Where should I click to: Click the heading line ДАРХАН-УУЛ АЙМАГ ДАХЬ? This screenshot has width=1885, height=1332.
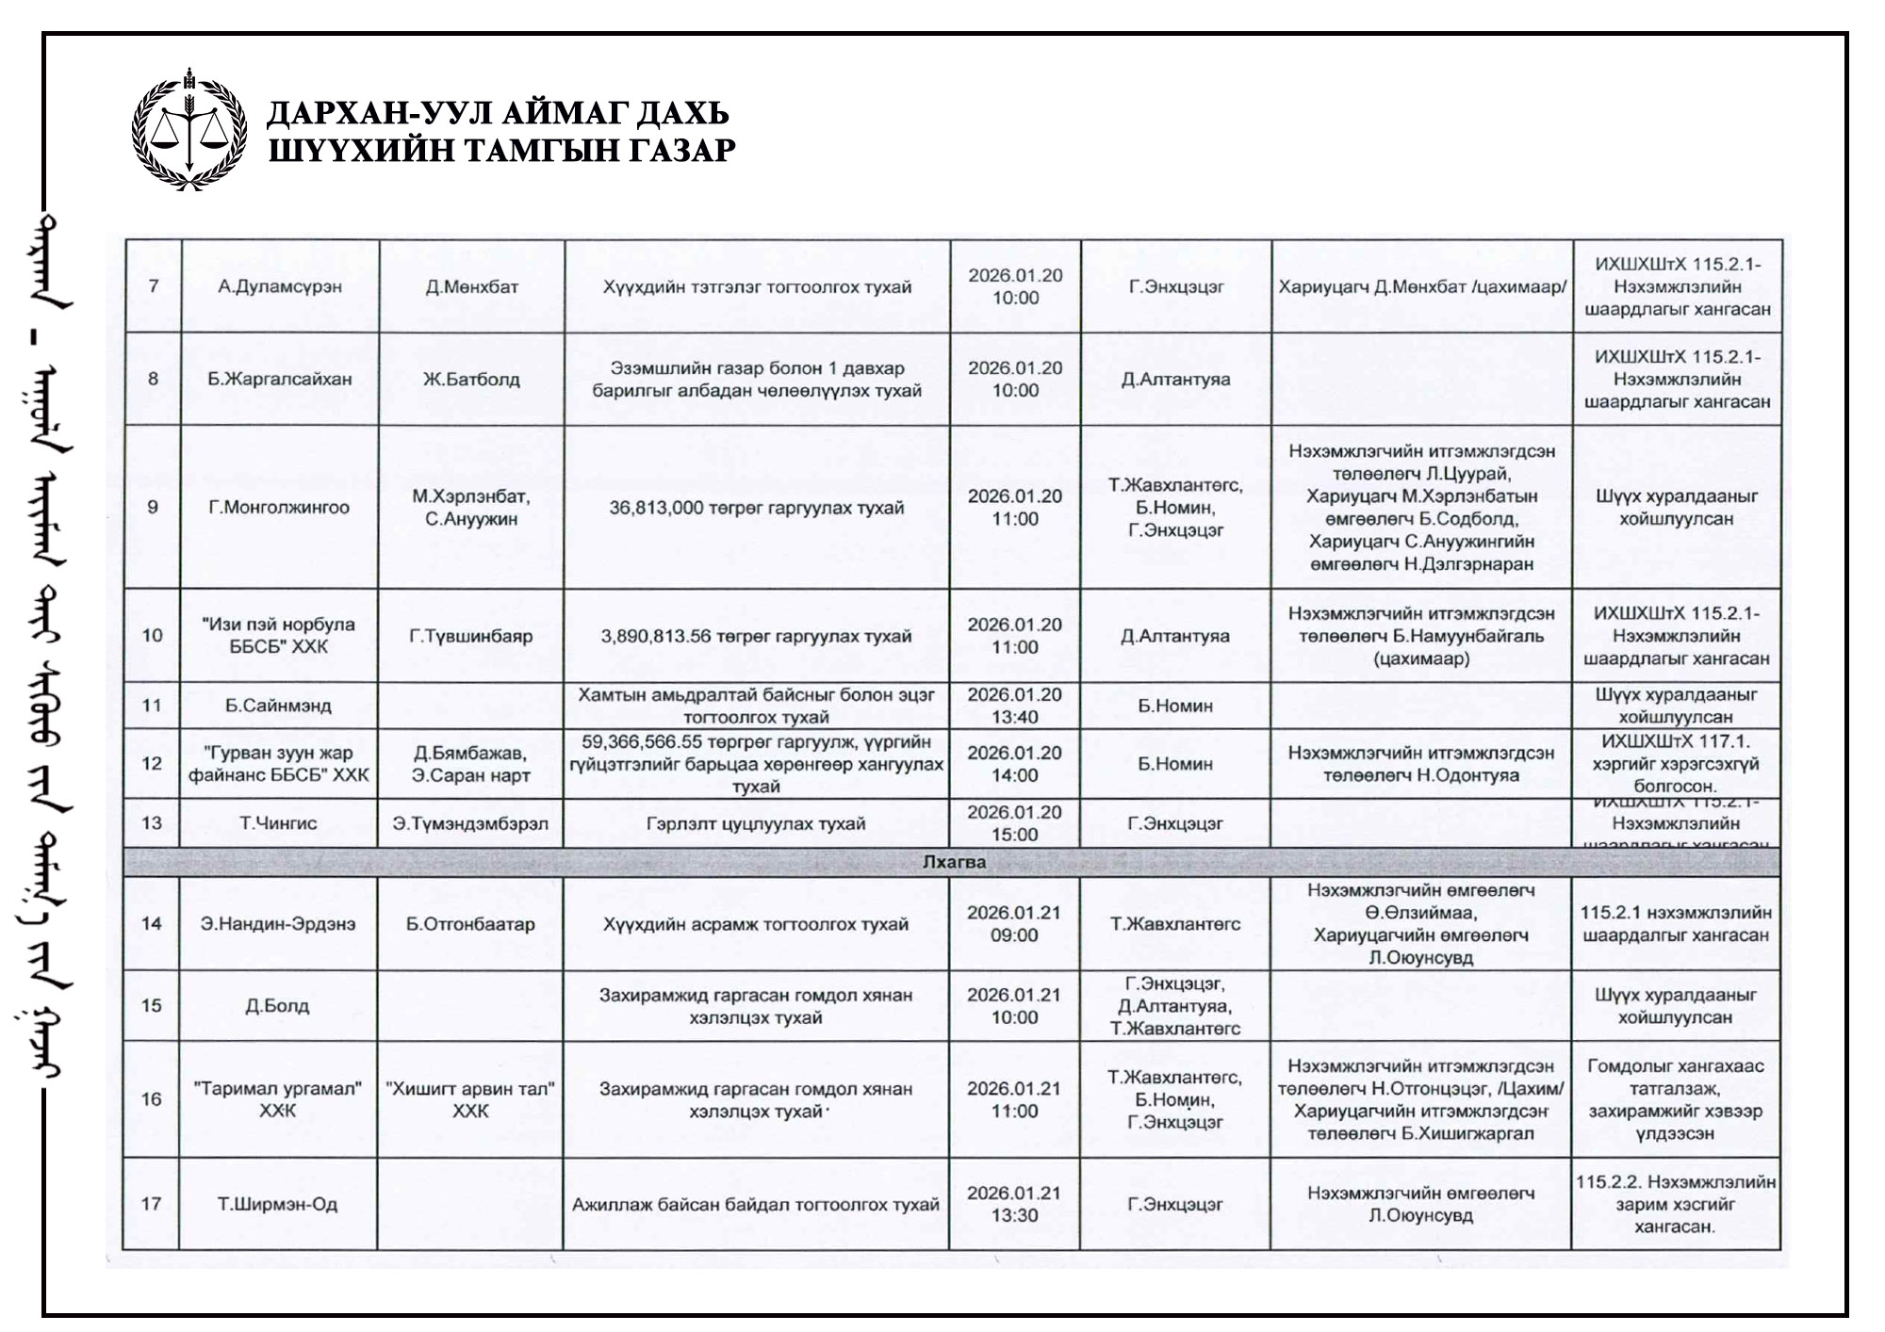pos(498,113)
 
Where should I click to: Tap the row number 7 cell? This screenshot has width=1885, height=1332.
pos(153,286)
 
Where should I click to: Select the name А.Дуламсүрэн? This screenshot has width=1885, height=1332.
pos(280,286)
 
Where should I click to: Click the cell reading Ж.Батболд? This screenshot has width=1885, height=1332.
pos(471,380)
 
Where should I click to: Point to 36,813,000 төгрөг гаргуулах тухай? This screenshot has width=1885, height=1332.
pos(756,508)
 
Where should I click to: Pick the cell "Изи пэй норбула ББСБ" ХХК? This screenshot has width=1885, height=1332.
pos(279,636)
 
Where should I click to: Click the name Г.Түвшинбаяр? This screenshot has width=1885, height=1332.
pos(471,636)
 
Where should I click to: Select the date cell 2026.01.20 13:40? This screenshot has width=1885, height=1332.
pos(1015,706)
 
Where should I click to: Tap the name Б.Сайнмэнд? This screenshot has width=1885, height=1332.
pos(279,706)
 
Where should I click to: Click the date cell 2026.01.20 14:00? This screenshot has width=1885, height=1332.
pos(1015,764)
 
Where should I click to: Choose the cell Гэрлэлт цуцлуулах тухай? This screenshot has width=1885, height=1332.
pos(756,823)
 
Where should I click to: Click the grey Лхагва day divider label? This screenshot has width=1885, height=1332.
pos(954,862)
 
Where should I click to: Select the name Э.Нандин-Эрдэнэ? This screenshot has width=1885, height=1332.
pos(278,924)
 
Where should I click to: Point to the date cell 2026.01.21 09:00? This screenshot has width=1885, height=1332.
pos(1014,924)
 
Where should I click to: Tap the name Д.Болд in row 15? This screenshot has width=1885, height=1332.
pos(277,1006)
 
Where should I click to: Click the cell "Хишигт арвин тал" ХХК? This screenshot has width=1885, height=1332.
pos(470,1099)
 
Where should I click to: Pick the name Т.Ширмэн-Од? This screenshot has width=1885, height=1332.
pos(277,1204)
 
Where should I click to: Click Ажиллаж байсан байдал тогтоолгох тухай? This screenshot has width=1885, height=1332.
pos(756,1204)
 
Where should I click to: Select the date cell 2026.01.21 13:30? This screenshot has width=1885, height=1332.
pos(1014,1204)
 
